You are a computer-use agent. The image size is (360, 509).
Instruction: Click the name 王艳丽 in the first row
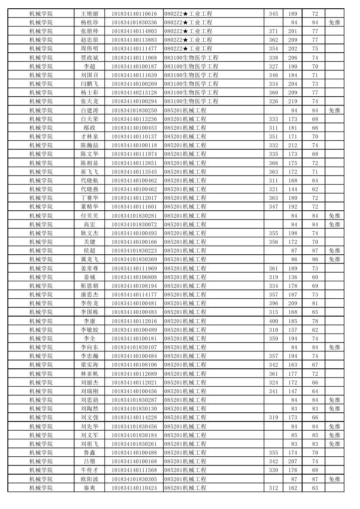(x=90, y=14)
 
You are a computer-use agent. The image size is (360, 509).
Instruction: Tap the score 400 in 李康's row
(x=273, y=321)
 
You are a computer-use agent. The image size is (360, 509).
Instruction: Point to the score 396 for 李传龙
(x=273, y=303)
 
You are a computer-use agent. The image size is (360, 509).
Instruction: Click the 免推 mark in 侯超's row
(x=334, y=251)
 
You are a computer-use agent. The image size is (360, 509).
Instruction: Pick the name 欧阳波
(x=90, y=479)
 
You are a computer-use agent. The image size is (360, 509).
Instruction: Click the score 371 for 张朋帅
(x=273, y=31)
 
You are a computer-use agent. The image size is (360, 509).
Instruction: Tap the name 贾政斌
(x=90, y=57)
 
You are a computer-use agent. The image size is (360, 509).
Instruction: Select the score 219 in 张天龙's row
(x=293, y=101)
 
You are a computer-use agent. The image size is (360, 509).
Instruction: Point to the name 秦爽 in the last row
(x=90, y=488)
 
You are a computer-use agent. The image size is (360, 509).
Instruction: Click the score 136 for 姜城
(x=293, y=277)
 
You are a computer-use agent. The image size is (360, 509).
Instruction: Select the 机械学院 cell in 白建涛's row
(x=41, y=111)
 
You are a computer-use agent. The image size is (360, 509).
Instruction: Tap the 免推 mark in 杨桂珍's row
(x=334, y=23)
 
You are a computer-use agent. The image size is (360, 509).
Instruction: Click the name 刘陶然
(x=90, y=409)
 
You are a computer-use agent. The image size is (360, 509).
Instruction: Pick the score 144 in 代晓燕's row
(x=293, y=189)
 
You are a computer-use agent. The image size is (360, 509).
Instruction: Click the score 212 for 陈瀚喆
(x=293, y=145)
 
